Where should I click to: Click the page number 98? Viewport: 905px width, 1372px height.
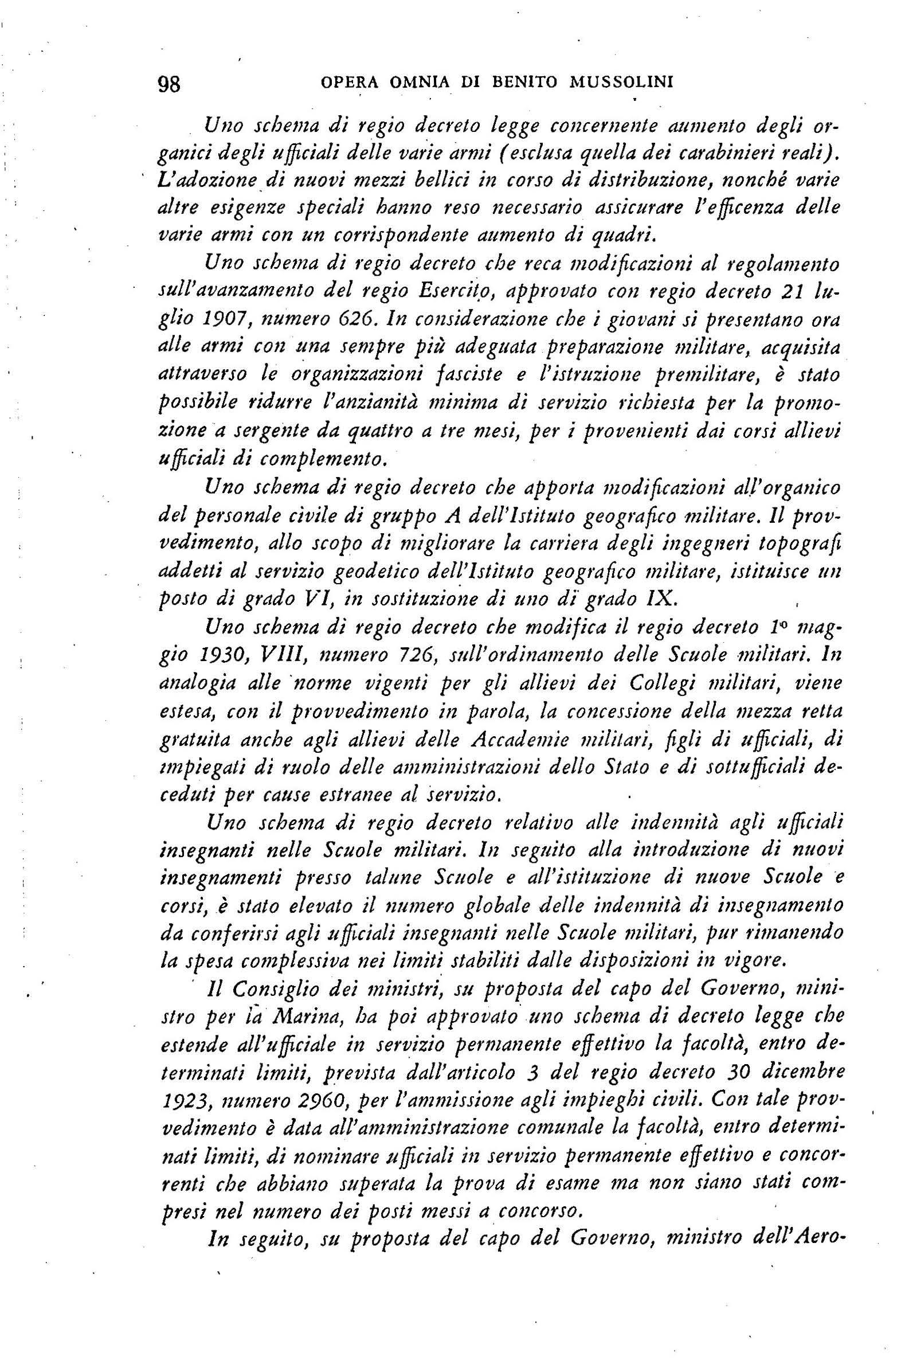click(169, 84)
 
